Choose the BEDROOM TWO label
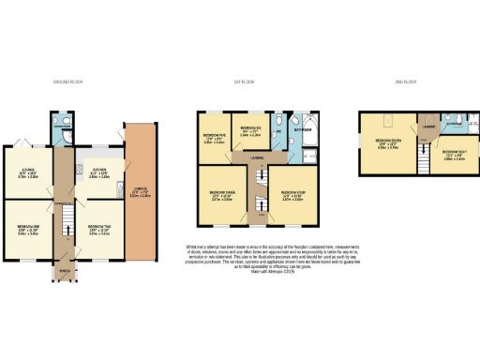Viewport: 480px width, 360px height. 99,228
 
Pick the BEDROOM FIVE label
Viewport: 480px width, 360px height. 215,136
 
